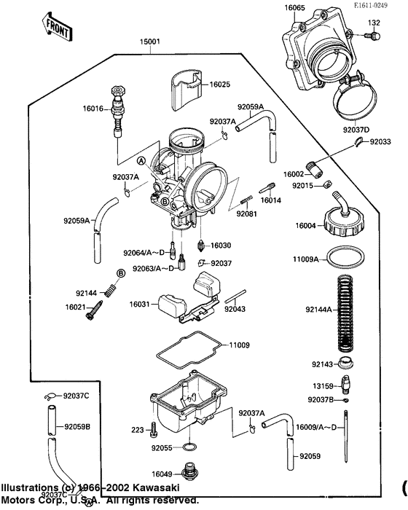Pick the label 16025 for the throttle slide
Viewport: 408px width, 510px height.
click(x=219, y=85)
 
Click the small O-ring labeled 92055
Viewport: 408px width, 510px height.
click(x=187, y=447)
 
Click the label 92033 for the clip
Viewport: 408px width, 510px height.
click(x=380, y=141)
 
